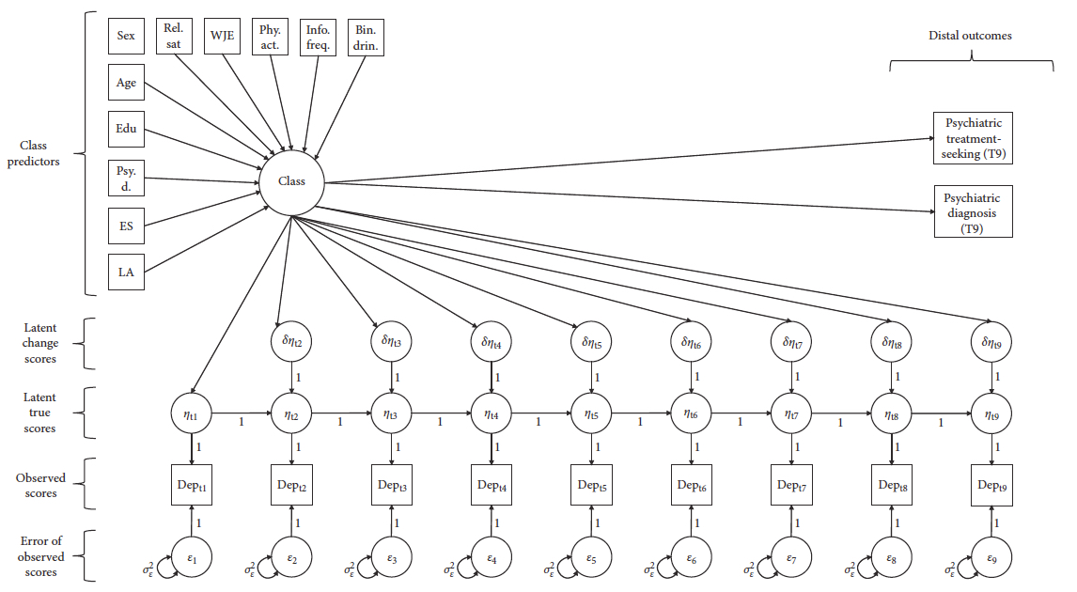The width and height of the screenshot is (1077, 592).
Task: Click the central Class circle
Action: (x=292, y=182)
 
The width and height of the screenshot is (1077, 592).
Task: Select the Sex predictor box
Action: (x=126, y=36)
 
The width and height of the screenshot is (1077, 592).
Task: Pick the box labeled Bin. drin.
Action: (x=365, y=36)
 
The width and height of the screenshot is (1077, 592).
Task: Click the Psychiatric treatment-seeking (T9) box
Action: (x=972, y=138)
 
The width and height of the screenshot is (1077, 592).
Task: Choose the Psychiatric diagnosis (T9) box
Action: (x=972, y=211)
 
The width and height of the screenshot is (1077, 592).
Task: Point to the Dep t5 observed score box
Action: (x=591, y=485)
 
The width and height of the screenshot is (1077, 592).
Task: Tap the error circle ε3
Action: (x=392, y=559)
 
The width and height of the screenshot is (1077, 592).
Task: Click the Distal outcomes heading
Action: (x=970, y=36)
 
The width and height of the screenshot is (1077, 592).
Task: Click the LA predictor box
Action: (x=126, y=273)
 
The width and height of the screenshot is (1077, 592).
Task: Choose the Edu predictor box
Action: (x=126, y=130)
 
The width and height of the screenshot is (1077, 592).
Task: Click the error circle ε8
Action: (x=891, y=559)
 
